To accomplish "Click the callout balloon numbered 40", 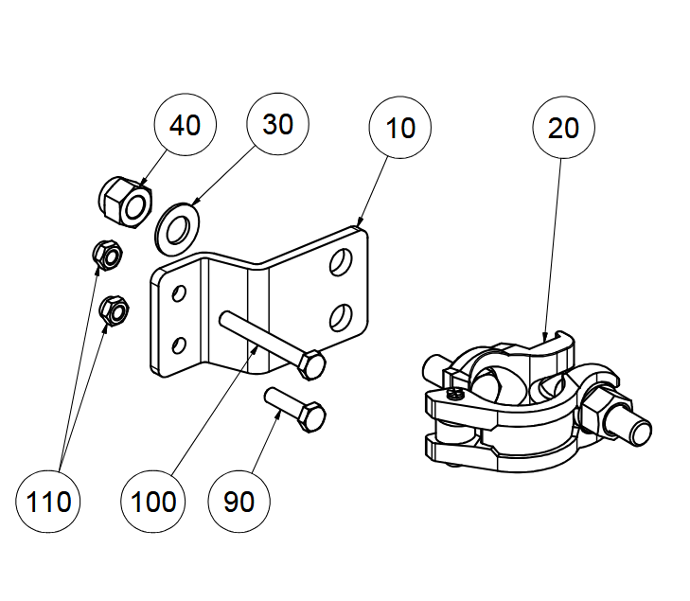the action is [186, 125].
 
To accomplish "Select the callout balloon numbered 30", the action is [277, 124].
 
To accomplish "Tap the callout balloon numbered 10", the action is [400, 128].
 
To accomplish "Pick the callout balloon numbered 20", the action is [563, 128].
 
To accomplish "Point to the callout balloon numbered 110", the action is [48, 501].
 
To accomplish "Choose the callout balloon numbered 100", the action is [152, 501].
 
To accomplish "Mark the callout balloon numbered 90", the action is [239, 501].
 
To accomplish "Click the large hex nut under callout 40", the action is [126, 203].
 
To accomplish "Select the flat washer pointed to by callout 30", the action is [177, 229].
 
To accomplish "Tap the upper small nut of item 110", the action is [108, 256].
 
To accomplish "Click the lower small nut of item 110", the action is [114, 311].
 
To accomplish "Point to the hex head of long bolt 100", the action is [311, 365].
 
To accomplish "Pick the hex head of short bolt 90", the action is [311, 416].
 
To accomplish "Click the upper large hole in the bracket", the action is [341, 262].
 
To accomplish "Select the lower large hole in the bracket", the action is [341, 318].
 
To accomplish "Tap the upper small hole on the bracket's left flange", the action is [179, 293].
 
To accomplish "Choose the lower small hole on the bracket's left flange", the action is [179, 345].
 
